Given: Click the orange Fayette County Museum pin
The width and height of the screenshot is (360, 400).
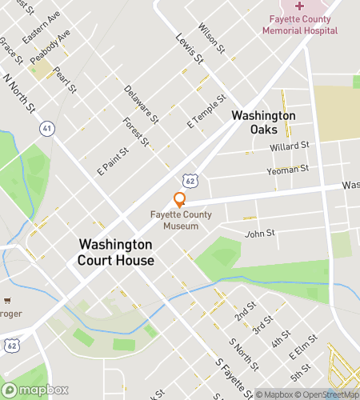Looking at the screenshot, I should pyautogui.click(x=179, y=200).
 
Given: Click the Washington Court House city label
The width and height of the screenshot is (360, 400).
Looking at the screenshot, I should pyautogui.click(x=115, y=252).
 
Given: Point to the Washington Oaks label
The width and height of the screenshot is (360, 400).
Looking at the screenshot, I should pyautogui.click(x=264, y=122).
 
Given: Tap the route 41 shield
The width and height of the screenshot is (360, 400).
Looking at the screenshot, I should pyautogui.click(x=47, y=127).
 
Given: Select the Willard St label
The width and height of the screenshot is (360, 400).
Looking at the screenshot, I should pyautogui.click(x=290, y=146).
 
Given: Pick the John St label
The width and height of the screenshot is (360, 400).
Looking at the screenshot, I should pyautogui.click(x=259, y=234).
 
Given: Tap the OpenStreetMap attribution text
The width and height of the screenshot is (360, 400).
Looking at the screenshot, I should pyautogui.click(x=327, y=394).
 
